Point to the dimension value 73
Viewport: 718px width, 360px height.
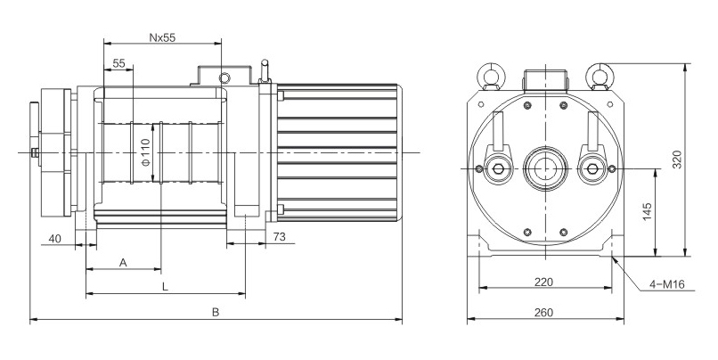pos(278,238)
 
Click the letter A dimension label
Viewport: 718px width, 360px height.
pos(123,263)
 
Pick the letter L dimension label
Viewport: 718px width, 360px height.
pos(165,287)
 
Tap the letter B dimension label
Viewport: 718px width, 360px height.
pos(215,313)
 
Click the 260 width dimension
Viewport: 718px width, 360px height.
pos(544,312)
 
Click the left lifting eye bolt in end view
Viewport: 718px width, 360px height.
pos(488,75)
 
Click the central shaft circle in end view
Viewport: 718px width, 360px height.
pos(543,168)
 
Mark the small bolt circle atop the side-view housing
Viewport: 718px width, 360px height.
pos(226,77)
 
